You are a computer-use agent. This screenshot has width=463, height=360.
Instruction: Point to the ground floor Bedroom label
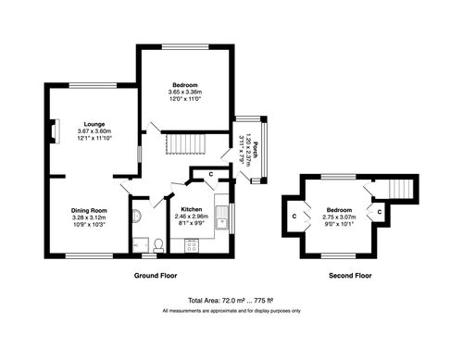click(x=185, y=85)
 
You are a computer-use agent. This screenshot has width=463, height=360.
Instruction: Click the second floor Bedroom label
click(x=339, y=208)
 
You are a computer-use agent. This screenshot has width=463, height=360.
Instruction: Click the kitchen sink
click(x=223, y=219)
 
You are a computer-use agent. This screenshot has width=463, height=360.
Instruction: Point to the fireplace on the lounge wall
click(x=53, y=130)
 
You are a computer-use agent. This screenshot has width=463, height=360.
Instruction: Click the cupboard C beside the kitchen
click(x=212, y=174)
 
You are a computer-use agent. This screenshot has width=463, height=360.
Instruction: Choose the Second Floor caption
click(x=350, y=276)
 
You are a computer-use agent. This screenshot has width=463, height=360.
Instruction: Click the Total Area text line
click(x=231, y=301)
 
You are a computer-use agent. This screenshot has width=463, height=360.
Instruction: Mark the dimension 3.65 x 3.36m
click(x=185, y=93)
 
